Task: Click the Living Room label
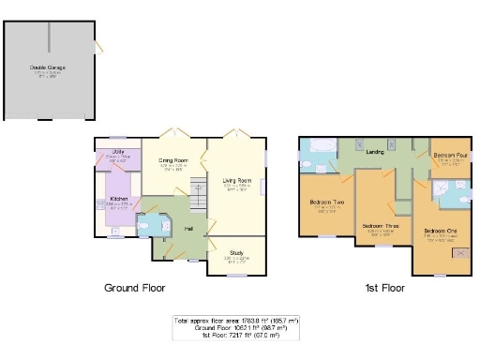point(236,180)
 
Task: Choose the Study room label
point(235,252)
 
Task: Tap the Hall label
point(188,229)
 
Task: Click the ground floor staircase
point(197,194)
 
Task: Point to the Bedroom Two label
point(325,202)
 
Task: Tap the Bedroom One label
point(440,231)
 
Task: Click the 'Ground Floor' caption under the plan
point(134,288)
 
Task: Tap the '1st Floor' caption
point(385,288)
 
